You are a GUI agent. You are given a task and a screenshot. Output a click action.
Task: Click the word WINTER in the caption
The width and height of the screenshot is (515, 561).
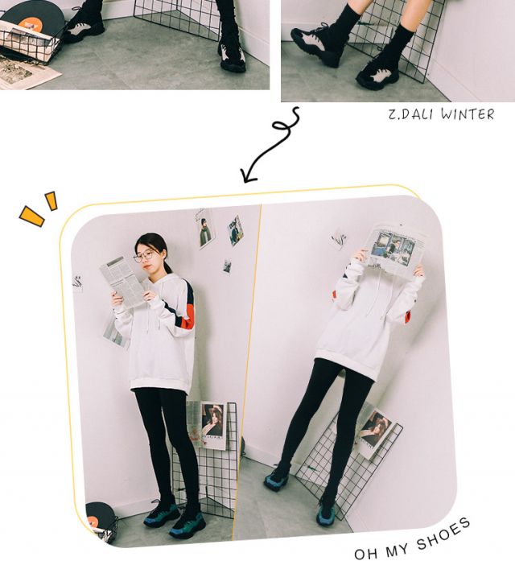pos(468,114)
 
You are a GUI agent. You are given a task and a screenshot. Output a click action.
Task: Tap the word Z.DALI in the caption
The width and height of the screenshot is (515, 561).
pos(411,114)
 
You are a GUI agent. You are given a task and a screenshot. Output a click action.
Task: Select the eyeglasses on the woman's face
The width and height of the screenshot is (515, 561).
pos(145,256)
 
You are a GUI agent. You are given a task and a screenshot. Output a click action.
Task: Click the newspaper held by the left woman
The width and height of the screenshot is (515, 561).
pos(124,283)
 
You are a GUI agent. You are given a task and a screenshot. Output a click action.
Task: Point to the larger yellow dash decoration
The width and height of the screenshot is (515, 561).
pos(32,216)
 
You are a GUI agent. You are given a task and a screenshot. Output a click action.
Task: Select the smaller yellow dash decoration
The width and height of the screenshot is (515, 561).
pos(51,200)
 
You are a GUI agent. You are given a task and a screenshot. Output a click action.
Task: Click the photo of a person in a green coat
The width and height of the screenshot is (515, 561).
pos(205,232)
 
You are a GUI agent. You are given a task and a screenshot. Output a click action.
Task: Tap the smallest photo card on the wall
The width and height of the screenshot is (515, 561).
pos(227,266)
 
